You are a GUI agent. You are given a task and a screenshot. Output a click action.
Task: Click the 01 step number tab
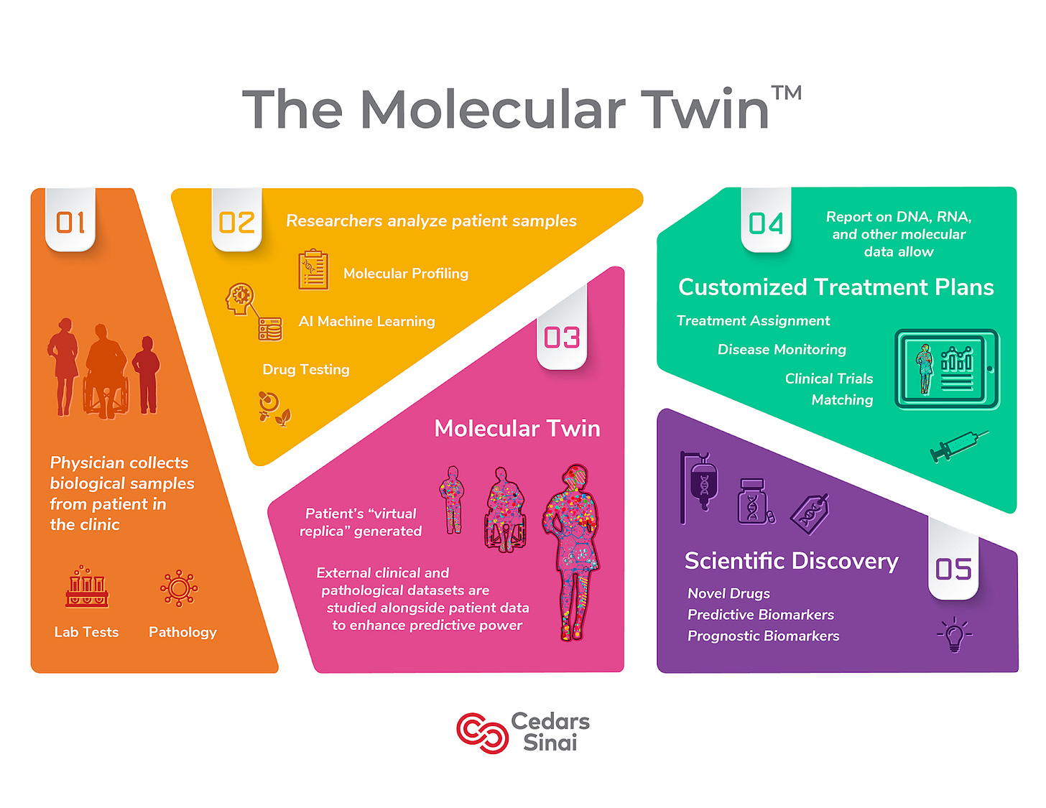[70, 222]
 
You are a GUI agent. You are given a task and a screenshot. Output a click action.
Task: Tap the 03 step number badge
[562, 337]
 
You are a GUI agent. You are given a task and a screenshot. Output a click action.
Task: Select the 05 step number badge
[953, 569]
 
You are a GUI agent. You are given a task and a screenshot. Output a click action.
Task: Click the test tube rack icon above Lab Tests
[87, 587]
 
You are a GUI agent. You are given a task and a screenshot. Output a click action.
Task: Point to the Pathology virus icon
[179, 589]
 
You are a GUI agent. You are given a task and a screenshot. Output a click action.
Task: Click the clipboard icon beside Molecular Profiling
[313, 270]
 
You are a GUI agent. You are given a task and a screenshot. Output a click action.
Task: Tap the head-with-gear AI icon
[241, 298]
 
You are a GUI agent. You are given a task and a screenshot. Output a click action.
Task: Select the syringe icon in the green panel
[958, 446]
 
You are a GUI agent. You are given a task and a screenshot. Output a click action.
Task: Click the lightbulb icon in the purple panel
[954, 634]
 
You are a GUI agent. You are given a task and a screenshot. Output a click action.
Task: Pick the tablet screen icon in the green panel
[947, 369]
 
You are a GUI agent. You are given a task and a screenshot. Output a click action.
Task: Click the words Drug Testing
[306, 369]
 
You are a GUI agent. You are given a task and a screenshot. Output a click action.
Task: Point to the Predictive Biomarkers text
[761, 615]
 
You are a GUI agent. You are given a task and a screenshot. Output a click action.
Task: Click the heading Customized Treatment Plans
[836, 287]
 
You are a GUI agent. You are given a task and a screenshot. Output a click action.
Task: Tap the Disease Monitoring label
[782, 350]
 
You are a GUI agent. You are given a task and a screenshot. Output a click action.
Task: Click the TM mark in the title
[787, 94]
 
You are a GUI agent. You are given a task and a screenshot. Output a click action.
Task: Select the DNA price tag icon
[810, 513]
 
